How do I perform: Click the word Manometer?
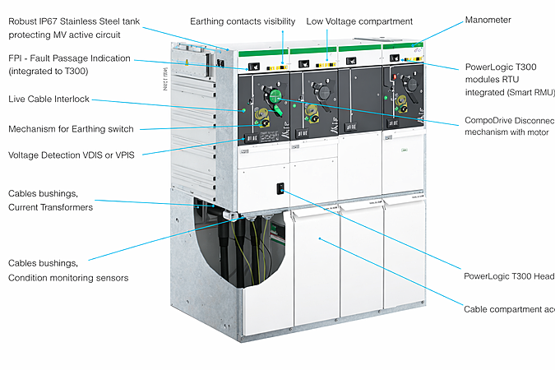click(x=488, y=20)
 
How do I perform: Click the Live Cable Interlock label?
click(x=49, y=99)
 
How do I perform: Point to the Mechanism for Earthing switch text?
click(x=71, y=129)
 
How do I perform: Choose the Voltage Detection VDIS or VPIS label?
click(x=71, y=155)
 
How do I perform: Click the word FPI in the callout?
click(x=16, y=58)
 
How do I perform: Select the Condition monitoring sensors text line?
click(x=68, y=278)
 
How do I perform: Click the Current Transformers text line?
click(x=50, y=207)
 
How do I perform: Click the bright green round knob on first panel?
click(x=278, y=105)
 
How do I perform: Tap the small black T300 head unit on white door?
click(x=280, y=189)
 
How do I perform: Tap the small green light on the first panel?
click(x=243, y=109)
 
